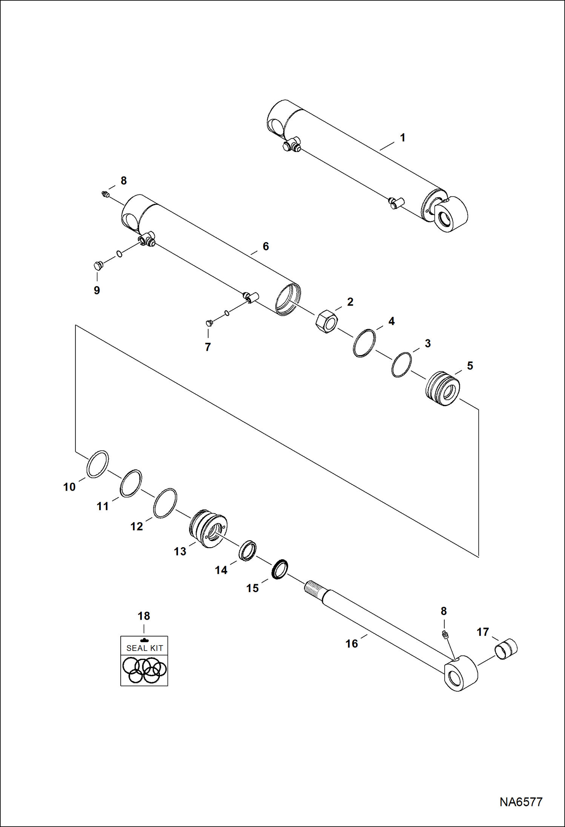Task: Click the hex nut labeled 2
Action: pyautogui.click(x=326, y=321)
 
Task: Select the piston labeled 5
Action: pyautogui.click(x=443, y=388)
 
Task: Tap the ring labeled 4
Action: pyautogui.click(x=364, y=343)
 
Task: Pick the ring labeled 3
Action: pyautogui.click(x=401, y=365)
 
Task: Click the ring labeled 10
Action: pyautogui.click(x=98, y=464)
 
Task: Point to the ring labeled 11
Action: pyautogui.click(x=131, y=483)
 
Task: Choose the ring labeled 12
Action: pyautogui.click(x=165, y=503)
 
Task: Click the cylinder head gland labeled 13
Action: pyautogui.click(x=208, y=528)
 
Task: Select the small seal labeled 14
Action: pyautogui.click(x=247, y=551)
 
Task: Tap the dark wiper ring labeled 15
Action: pyautogui.click(x=279, y=569)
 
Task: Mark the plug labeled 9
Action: pyautogui.click(x=98, y=265)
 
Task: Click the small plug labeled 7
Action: pyautogui.click(x=209, y=323)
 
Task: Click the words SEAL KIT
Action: pyautogui.click(x=144, y=648)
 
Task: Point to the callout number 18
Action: pyautogui.click(x=144, y=616)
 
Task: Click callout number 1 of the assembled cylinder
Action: pyautogui.click(x=402, y=138)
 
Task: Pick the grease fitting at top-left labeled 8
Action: pyautogui.click(x=106, y=194)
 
